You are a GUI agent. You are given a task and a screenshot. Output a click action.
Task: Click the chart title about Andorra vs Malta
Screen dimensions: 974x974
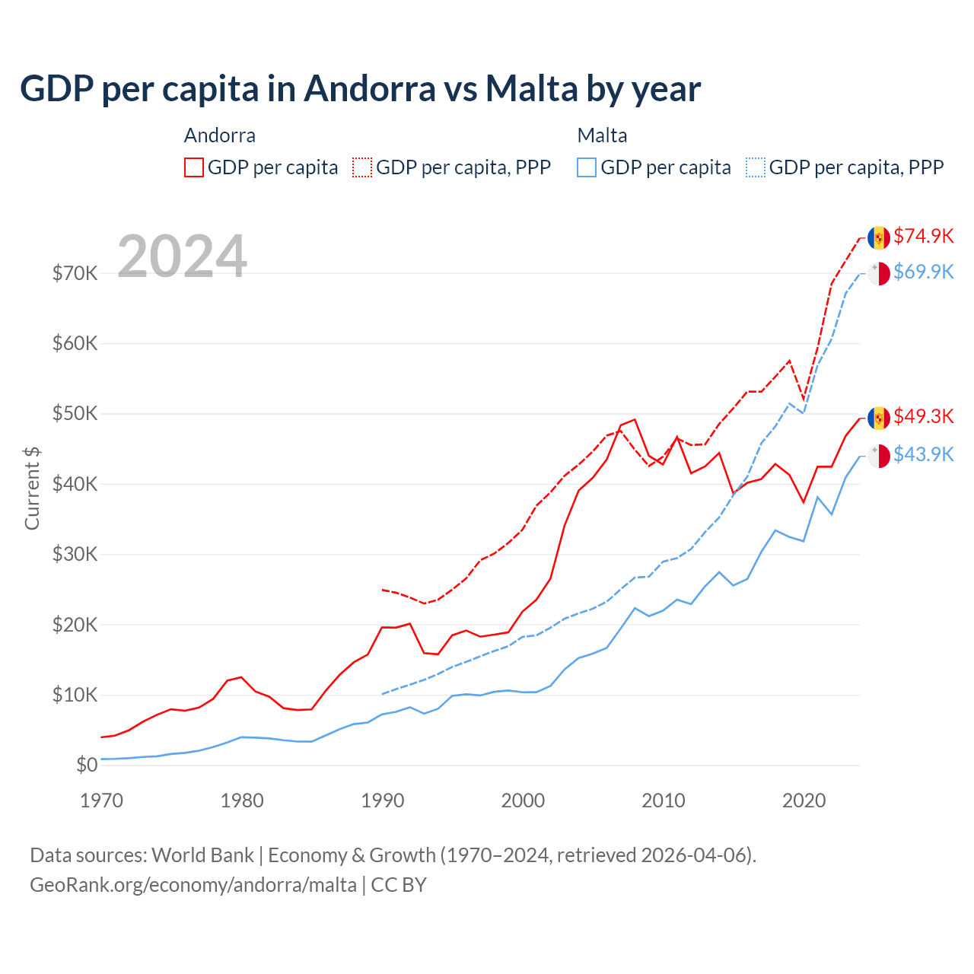click(360, 89)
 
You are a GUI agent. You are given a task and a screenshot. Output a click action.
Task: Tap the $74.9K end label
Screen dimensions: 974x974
click(923, 236)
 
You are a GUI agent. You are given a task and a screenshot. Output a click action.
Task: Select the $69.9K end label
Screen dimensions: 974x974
click(923, 272)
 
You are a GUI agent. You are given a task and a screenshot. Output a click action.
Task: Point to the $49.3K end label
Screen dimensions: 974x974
click(923, 416)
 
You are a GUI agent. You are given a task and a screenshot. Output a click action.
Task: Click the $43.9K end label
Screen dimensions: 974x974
click(923, 454)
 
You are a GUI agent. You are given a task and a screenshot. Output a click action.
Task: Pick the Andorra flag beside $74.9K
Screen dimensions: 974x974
click(879, 237)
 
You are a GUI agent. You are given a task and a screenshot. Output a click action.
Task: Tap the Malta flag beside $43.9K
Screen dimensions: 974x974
click(879, 457)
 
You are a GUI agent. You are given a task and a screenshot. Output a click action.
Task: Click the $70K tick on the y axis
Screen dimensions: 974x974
click(75, 273)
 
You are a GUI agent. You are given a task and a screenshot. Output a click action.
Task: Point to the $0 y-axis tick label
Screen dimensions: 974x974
click(87, 765)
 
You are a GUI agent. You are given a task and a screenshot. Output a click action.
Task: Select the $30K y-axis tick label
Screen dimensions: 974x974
click(75, 554)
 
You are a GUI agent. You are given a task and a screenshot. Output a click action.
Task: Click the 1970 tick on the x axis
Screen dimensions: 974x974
click(101, 801)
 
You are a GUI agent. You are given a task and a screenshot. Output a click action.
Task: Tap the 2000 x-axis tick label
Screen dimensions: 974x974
click(523, 801)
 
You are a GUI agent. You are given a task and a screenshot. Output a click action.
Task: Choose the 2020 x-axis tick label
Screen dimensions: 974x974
click(804, 801)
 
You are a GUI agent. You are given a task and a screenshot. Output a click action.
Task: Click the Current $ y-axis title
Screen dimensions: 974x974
click(32, 489)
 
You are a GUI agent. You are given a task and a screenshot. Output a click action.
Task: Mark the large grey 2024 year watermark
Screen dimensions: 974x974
click(182, 256)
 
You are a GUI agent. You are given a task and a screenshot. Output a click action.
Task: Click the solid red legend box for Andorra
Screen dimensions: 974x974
click(194, 167)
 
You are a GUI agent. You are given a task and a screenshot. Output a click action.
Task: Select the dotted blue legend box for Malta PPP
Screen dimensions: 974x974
click(756, 167)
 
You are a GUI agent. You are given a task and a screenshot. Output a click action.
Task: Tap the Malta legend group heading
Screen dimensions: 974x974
click(602, 135)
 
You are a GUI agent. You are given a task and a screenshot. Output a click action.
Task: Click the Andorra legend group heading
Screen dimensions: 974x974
click(220, 135)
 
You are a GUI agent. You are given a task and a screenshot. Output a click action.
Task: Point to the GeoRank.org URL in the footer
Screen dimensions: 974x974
click(193, 885)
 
